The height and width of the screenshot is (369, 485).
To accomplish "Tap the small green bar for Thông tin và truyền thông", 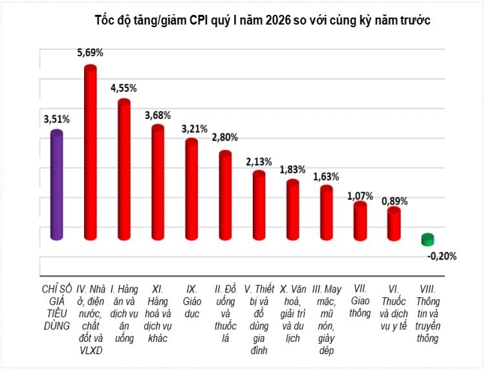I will [427, 240].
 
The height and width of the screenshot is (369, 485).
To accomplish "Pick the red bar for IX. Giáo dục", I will [191, 190].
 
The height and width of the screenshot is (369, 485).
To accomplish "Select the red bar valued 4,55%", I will [124, 171].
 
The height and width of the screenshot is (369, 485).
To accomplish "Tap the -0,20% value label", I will [442, 256].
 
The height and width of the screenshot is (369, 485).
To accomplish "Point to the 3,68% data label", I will [158, 115].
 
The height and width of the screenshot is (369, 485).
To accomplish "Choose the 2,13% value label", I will [259, 161].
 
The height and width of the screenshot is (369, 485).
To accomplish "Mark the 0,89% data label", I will [394, 201].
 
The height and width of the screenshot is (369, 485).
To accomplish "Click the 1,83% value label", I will [292, 170].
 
